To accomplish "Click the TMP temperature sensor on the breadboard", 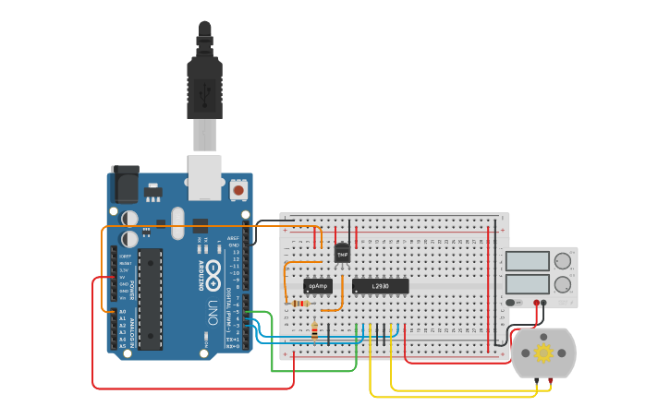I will pos(342,253).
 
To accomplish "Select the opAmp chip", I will pos(317,286).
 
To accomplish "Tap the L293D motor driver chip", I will pos(380,286).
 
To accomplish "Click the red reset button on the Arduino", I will pos(238,190).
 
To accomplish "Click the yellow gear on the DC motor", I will pos(542,352).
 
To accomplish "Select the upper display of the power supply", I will pos(527,261).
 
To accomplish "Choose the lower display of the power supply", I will pos(527,284).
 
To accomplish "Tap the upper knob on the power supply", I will pos(563,261).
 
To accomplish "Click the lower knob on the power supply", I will pos(563,284).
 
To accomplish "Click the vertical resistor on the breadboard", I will pos(315,330).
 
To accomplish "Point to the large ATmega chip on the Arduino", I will pos(151,299).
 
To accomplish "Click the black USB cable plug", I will pos(204,83).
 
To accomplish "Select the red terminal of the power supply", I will pos(536,302).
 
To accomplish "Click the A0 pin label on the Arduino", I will pos(122,313).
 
